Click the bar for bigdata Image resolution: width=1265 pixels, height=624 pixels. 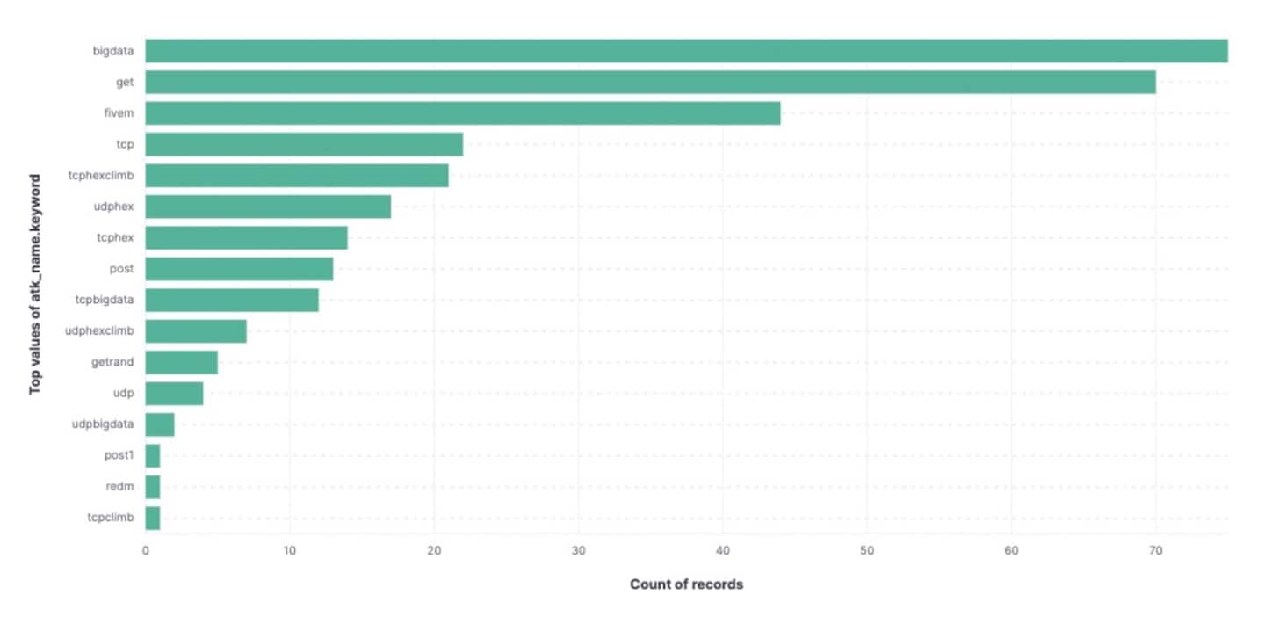pyautogui.click(x=685, y=51)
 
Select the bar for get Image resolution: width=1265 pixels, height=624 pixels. pyautogui.click(x=650, y=83)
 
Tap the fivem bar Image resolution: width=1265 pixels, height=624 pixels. pyautogui.click(x=462, y=113)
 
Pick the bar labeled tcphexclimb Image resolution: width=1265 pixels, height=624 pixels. pyautogui.click(x=297, y=176)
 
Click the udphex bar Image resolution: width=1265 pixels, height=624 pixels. pyautogui.click(x=268, y=207)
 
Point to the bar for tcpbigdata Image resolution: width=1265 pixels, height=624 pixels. pyautogui.click(x=232, y=300)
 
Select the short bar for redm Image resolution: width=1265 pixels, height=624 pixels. pyautogui.click(x=153, y=487)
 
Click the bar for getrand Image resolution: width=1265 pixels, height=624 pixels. pyautogui.click(x=181, y=362)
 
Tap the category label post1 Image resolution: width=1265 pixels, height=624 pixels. pyautogui.click(x=119, y=455)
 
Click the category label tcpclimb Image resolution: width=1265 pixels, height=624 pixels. pyautogui.click(x=111, y=518)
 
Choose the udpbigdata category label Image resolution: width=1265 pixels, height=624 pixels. pyautogui.click(x=103, y=424)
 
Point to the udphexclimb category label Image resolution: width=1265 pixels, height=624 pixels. pyautogui.click(x=99, y=331)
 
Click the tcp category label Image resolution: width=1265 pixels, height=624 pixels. pyautogui.click(x=125, y=144)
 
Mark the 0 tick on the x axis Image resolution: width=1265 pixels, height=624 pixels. pyautogui.click(x=146, y=551)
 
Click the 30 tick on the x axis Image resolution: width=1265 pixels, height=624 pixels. pyautogui.click(x=578, y=551)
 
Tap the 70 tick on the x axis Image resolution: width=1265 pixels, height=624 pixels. pyautogui.click(x=1155, y=551)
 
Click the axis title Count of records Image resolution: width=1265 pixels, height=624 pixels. pyautogui.click(x=686, y=584)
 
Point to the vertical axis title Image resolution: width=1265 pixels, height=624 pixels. pyautogui.click(x=36, y=284)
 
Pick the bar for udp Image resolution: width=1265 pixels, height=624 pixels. pyautogui.click(x=174, y=394)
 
